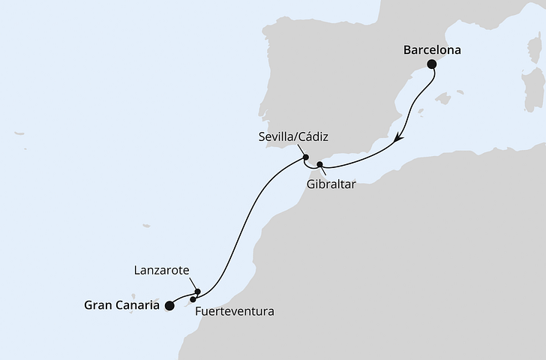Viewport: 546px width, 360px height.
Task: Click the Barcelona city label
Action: (x=431, y=51)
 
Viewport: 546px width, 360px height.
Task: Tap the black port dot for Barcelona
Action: (x=432, y=65)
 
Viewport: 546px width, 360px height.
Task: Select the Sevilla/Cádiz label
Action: (x=292, y=137)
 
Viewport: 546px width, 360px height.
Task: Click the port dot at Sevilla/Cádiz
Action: (x=306, y=158)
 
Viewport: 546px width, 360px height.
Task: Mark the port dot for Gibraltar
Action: (x=319, y=164)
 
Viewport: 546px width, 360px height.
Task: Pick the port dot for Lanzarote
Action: (x=197, y=292)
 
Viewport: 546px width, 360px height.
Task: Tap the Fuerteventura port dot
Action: (x=193, y=299)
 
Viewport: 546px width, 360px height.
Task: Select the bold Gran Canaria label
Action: (x=121, y=305)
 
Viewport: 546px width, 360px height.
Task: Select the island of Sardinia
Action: (x=534, y=89)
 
